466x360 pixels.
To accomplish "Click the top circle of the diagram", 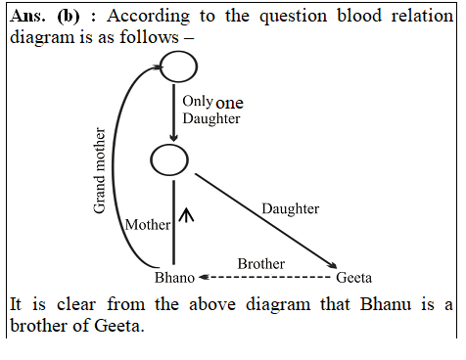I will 178,67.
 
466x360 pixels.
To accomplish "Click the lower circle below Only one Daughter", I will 169,158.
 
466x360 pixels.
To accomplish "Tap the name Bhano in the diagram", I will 174,278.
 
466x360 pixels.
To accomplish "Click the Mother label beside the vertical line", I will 148,225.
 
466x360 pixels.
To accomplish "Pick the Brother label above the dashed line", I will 261,264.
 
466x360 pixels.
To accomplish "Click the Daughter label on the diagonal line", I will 291,209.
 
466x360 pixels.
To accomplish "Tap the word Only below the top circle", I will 197,101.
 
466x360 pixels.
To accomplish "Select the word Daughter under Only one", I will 210,118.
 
